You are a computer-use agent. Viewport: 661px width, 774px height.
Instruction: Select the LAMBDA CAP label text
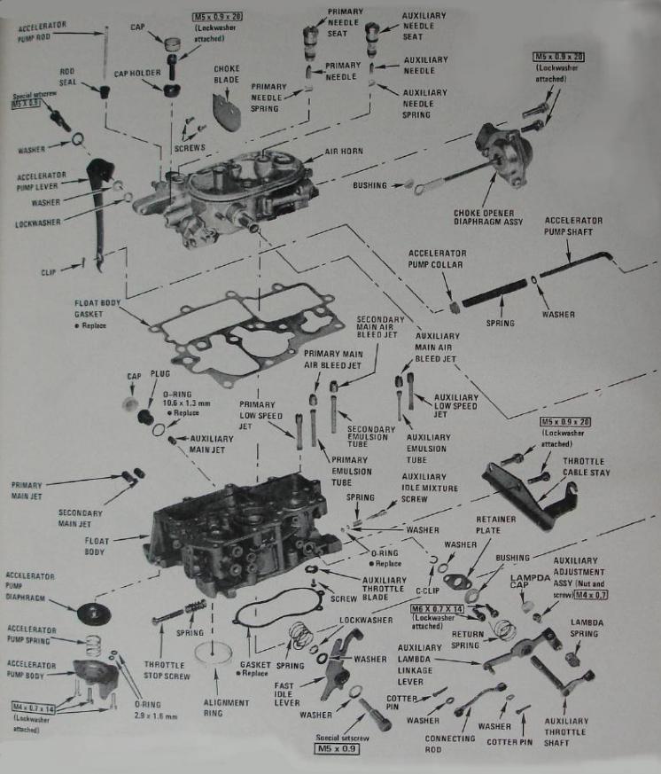[x=530, y=582]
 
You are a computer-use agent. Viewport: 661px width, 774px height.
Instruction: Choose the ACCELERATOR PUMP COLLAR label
[x=437, y=258]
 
